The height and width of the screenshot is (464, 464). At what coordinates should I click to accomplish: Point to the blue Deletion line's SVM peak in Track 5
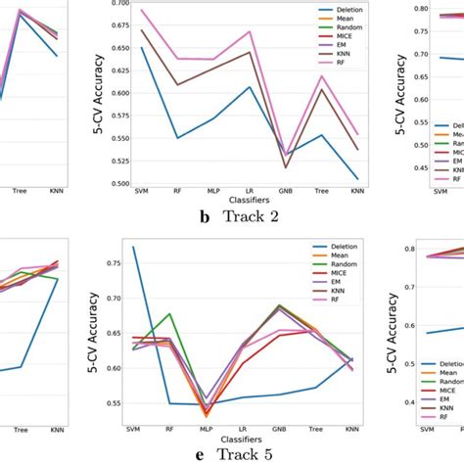tap(134, 247)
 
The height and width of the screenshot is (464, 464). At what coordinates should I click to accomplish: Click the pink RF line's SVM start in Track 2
tap(142, 10)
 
